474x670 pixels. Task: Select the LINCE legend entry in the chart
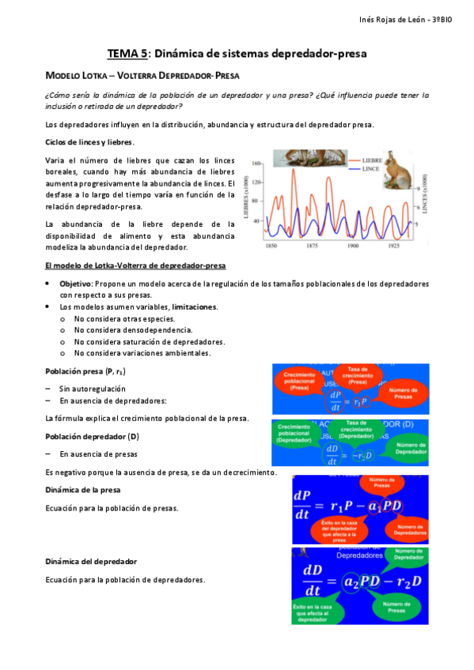click(371, 169)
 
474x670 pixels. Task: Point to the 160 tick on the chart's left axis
click(256, 164)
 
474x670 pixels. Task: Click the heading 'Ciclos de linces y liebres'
click(89, 141)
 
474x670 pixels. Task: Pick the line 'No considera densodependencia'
click(133, 329)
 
